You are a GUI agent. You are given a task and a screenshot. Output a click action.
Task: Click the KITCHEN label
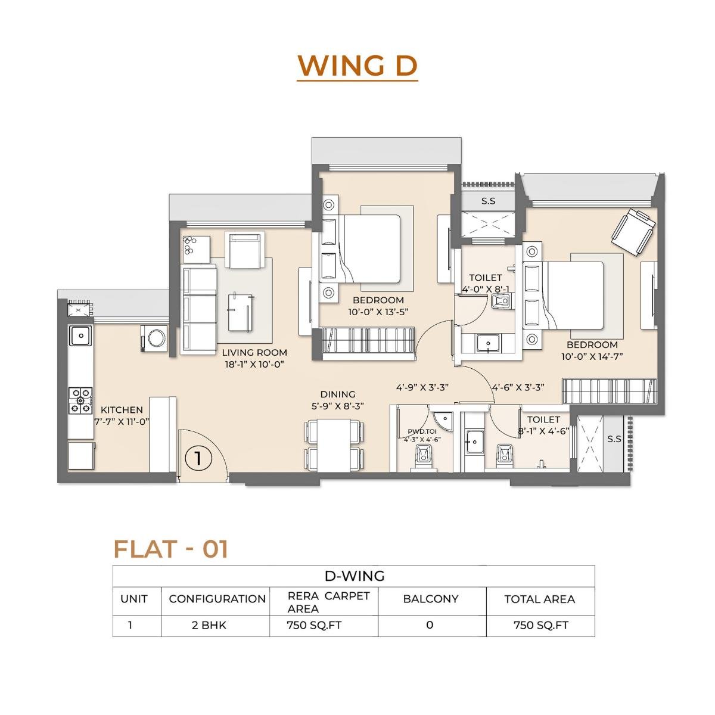[122, 410]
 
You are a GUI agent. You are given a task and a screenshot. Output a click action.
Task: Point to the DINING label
[338, 394]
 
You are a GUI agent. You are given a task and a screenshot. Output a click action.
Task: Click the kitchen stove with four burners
[80, 400]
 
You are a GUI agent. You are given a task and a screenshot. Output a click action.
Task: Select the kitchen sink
[80, 335]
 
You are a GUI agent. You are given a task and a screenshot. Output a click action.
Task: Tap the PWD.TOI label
[422, 431]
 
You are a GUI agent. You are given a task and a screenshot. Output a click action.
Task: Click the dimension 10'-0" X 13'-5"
[378, 312]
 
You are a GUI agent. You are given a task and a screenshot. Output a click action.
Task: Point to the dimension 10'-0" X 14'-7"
[592, 356]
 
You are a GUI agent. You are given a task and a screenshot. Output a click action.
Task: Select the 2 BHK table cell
[215, 625]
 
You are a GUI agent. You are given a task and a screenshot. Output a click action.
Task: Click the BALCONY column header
[431, 599]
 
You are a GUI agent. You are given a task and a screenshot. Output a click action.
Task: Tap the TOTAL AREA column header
[539, 599]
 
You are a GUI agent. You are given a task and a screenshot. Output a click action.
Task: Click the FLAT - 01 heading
[171, 549]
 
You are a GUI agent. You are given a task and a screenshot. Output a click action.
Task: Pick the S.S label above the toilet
[488, 201]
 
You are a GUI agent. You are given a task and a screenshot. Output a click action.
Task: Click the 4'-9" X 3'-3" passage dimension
[422, 387]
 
